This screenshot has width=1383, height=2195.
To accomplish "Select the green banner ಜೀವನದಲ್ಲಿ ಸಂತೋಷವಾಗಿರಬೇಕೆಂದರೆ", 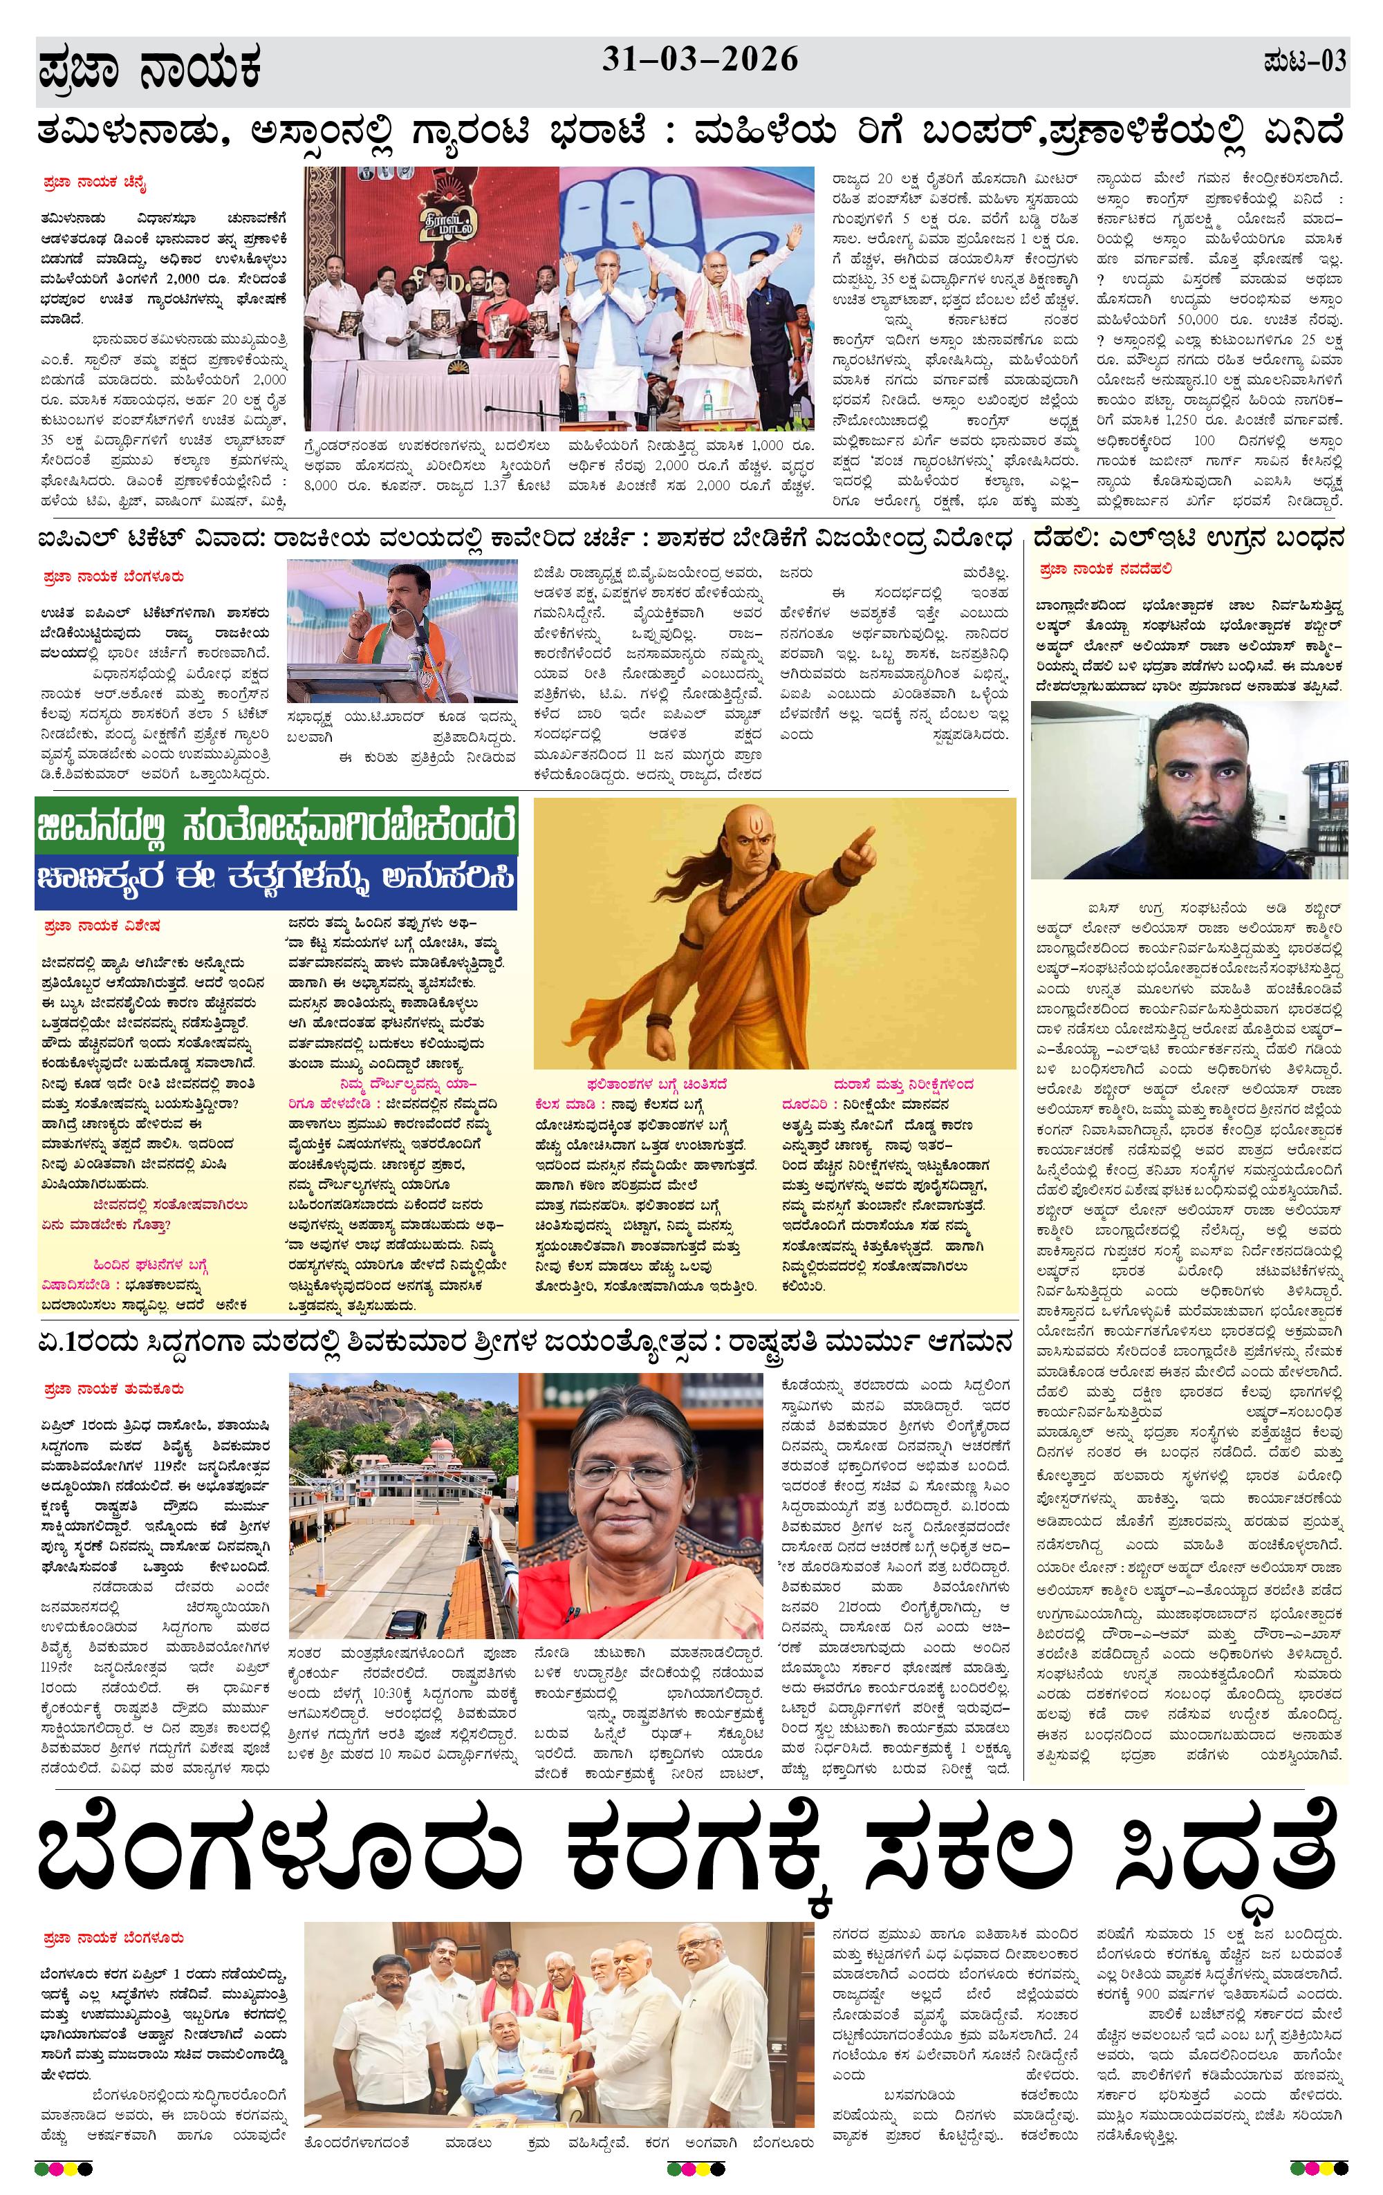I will (x=276, y=828).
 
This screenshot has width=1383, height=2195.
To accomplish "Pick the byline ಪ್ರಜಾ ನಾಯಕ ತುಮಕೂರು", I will (x=112, y=1389).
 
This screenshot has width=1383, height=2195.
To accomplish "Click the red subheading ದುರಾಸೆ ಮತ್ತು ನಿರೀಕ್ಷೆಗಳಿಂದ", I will (x=877, y=1085).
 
